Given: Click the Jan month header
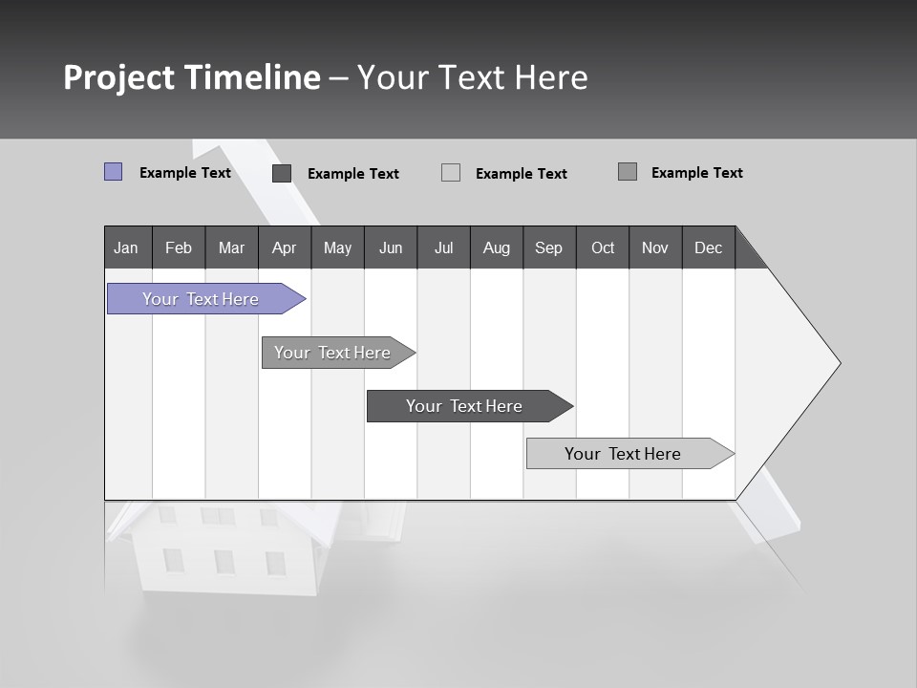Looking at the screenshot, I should coord(126,247).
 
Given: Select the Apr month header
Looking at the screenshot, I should coord(284,247).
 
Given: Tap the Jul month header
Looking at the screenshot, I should coord(443,247).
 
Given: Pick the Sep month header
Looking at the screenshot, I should coord(548,247).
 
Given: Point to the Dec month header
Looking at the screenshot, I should coord(708,247).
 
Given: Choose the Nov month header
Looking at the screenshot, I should coord(654,247).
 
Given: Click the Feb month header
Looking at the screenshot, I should coord(179,247).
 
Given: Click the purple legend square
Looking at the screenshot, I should coord(113,172).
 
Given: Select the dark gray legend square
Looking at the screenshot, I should coord(282,173).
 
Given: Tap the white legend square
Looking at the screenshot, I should coord(451,173).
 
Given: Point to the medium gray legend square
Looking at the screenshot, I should coord(628,172).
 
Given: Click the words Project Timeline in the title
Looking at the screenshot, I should coord(192,77).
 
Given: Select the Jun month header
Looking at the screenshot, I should coord(391,247).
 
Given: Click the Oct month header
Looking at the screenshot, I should coord(603,247).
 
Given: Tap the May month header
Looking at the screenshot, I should coord(337,247).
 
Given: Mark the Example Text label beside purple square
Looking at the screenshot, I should coord(185,173).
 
